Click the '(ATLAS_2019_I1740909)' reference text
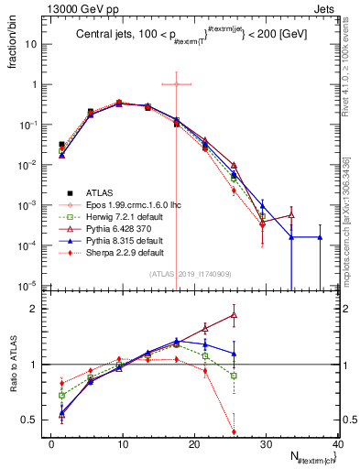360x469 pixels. pos(191,274)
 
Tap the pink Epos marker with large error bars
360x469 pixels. pos(177,84)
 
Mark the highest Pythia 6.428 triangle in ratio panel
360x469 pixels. pos(234,315)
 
